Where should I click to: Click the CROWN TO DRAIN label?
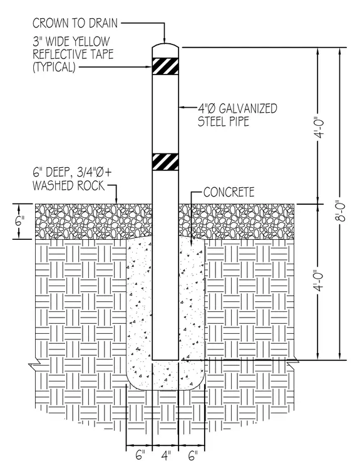75,23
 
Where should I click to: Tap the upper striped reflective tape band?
165,66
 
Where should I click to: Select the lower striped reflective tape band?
165,162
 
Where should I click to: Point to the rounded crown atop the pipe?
165,46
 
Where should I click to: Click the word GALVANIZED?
248,108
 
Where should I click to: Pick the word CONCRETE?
229,192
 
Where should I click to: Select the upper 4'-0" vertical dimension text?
319,128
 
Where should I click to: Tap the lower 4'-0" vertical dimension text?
319,281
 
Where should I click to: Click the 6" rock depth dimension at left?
19,221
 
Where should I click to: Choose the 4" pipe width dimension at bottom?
166,456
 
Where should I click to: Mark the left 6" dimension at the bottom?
140,456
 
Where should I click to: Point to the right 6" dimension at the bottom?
193,456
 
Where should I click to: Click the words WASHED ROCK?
69,185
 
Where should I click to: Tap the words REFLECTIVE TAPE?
73,54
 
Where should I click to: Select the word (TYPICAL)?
54,67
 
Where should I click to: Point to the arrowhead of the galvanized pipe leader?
182,107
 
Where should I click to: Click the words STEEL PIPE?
224,121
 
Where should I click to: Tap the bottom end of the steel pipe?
165,360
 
